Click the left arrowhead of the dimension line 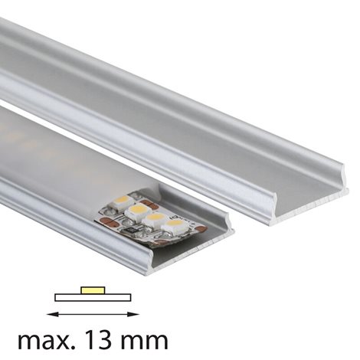[x=51, y=314]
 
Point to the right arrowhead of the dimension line [x=135, y=314]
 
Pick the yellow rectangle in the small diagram [x=93, y=290]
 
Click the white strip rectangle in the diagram [x=93, y=297]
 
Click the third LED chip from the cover [x=155, y=219]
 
